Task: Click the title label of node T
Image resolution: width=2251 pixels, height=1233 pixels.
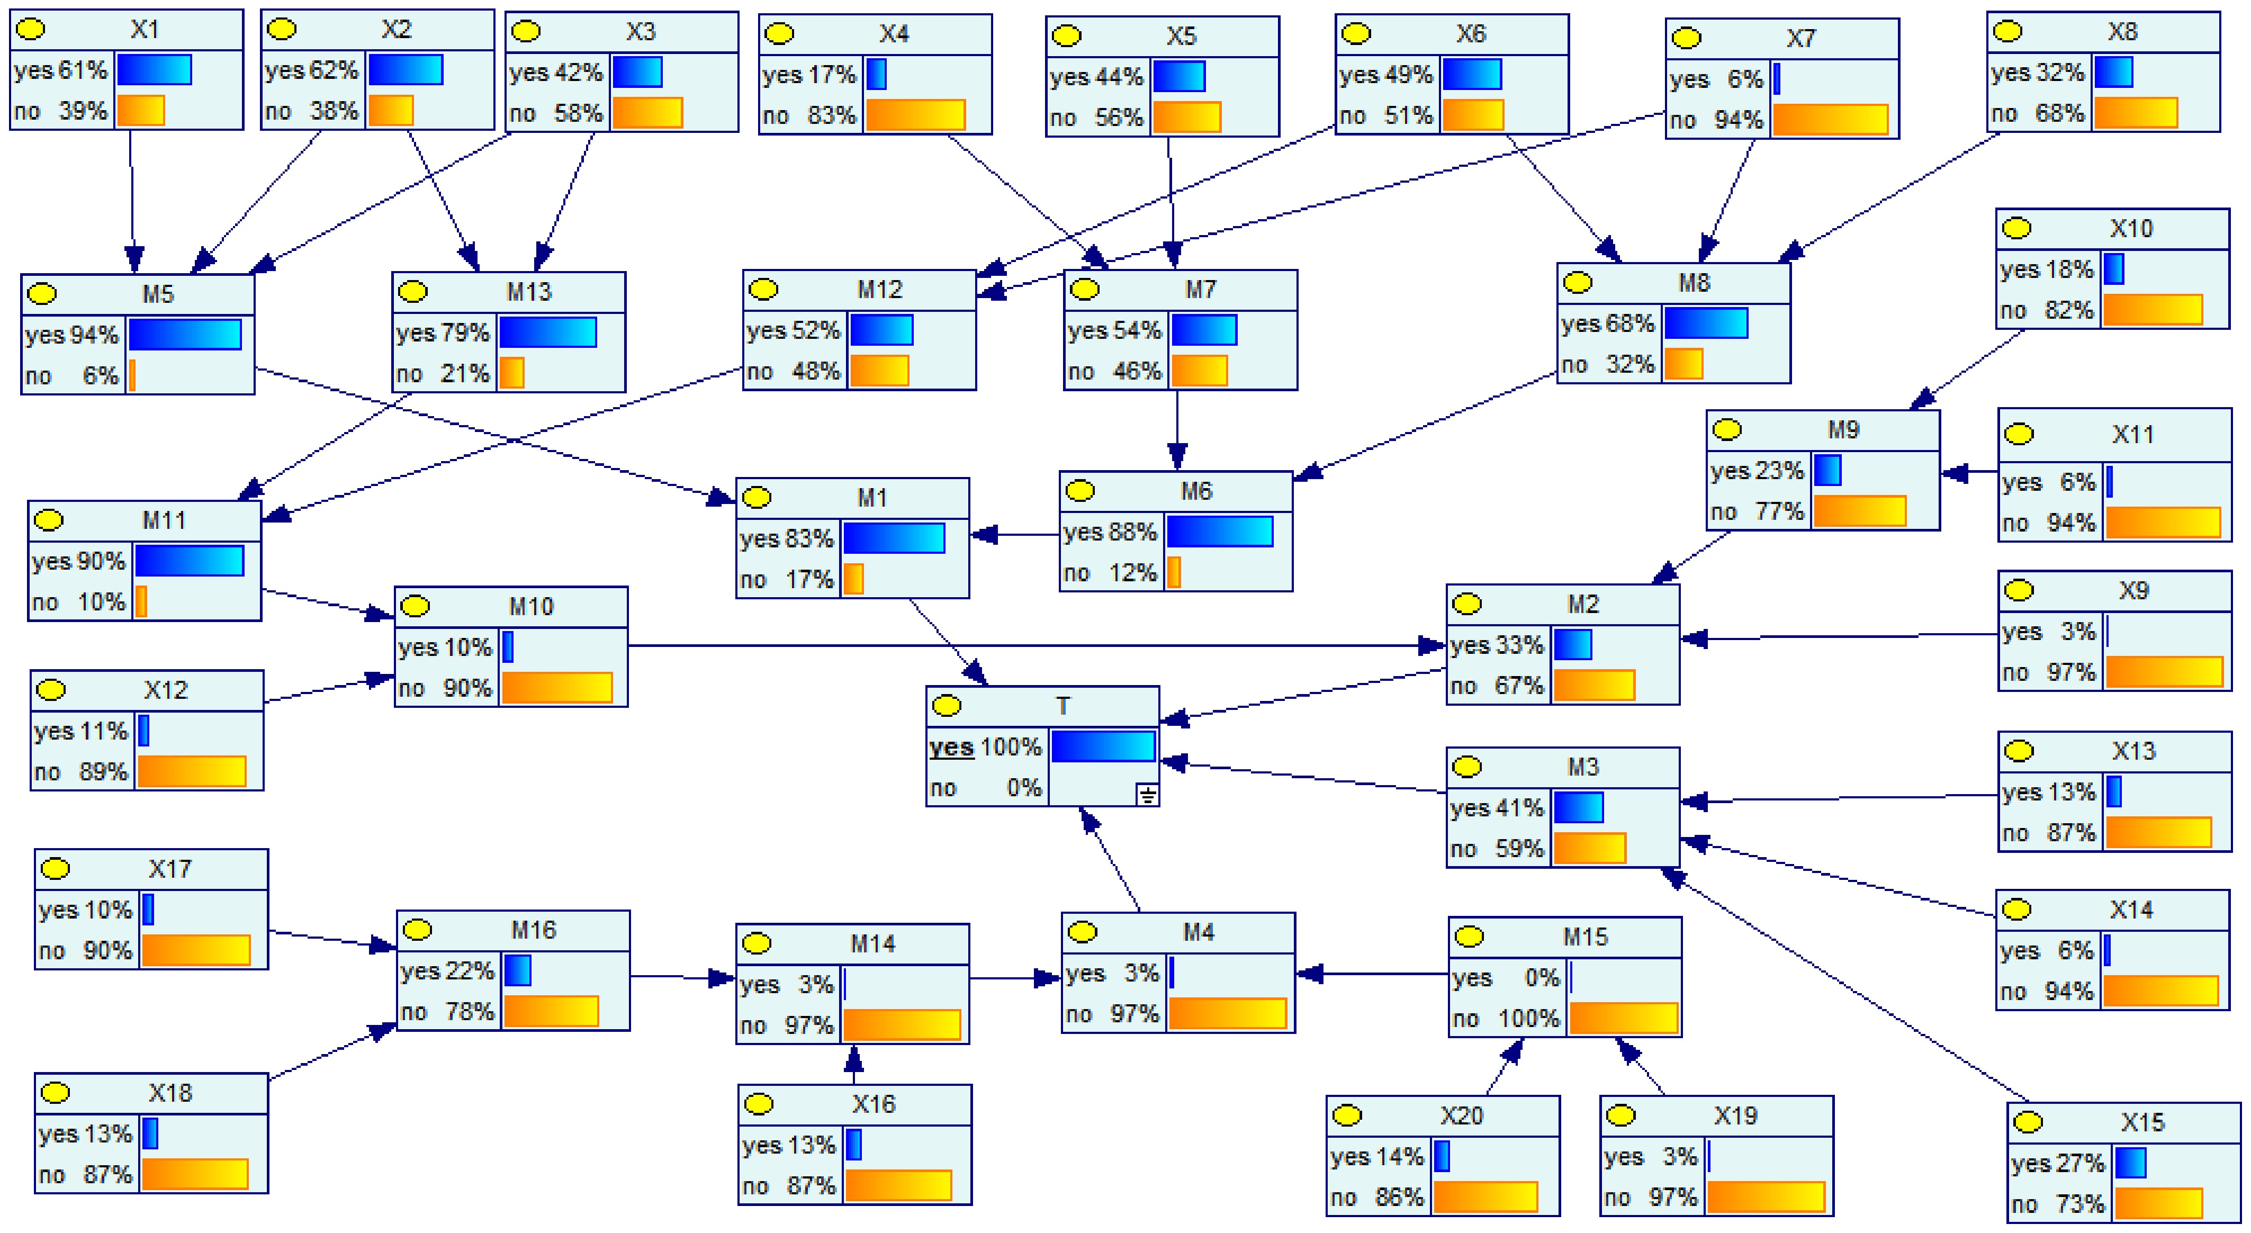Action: pyautogui.click(x=1062, y=705)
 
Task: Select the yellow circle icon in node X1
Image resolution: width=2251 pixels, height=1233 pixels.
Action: pyautogui.click(x=31, y=30)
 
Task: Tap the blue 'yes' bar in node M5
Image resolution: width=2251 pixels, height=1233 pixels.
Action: pyautogui.click(x=184, y=335)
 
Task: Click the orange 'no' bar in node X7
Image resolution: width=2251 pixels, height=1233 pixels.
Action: pyautogui.click(x=1830, y=120)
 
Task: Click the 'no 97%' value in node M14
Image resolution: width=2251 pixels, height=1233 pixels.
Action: pyautogui.click(x=787, y=1025)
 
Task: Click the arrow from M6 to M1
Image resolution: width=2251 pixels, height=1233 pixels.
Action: pyautogui.click(x=1014, y=535)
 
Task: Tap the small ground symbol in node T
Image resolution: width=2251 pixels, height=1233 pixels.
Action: pyautogui.click(x=1147, y=794)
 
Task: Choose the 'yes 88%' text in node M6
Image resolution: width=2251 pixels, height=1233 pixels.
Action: pyautogui.click(x=1109, y=532)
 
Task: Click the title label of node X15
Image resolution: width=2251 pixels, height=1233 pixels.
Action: pyautogui.click(x=2142, y=1122)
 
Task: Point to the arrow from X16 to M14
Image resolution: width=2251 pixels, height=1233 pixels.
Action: pyautogui.click(x=854, y=1066)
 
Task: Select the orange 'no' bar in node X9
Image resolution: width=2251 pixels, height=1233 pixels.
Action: pyautogui.click(x=2164, y=672)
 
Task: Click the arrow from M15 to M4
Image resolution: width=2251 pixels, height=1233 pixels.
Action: pyautogui.click(x=1372, y=974)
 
